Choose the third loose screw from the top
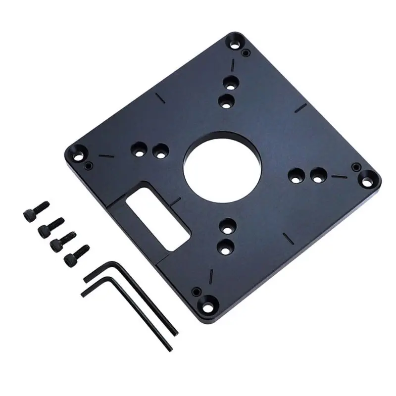[59, 242]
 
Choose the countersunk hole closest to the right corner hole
[318, 173]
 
